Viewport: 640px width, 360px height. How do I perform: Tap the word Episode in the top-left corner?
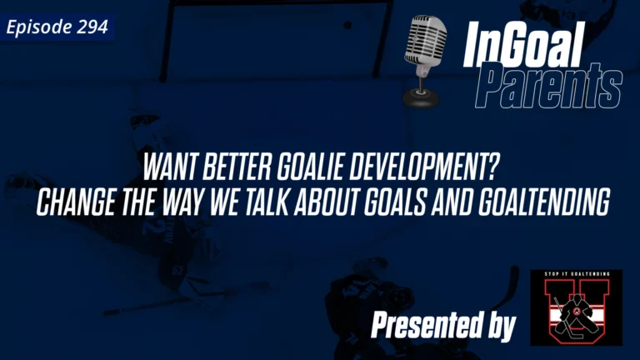(40, 27)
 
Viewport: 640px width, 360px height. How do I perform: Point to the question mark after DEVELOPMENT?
(492, 169)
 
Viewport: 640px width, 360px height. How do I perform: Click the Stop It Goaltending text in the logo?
(576, 275)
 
